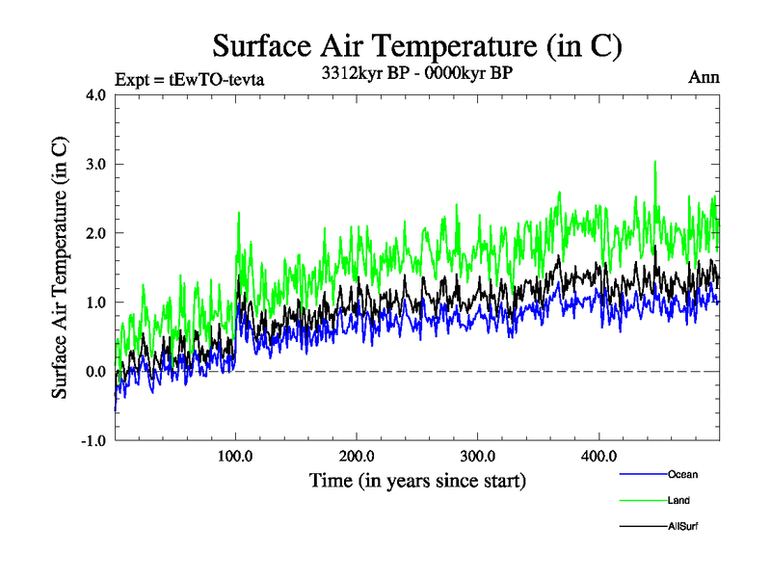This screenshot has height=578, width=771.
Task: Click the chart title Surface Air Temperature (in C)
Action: pyautogui.click(x=417, y=45)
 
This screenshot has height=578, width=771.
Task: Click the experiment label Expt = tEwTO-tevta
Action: pyautogui.click(x=189, y=79)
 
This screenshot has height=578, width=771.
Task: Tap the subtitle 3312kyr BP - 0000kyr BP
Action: pyautogui.click(x=416, y=72)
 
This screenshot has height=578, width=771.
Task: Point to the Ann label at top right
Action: pyautogui.click(x=704, y=78)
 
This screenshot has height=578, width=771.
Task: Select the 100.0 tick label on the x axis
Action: pyautogui.click(x=236, y=455)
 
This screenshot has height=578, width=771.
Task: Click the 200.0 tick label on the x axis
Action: pyautogui.click(x=358, y=455)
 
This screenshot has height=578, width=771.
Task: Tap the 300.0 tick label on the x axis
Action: pyautogui.click(x=478, y=455)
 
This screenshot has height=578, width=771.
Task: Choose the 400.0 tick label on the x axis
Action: pyautogui.click(x=599, y=455)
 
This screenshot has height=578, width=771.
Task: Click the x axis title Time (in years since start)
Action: pyautogui.click(x=417, y=479)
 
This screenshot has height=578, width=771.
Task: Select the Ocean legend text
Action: pyautogui.click(x=682, y=474)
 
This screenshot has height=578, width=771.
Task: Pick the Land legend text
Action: pyautogui.click(x=678, y=500)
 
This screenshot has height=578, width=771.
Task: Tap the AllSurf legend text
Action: pyautogui.click(x=681, y=526)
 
